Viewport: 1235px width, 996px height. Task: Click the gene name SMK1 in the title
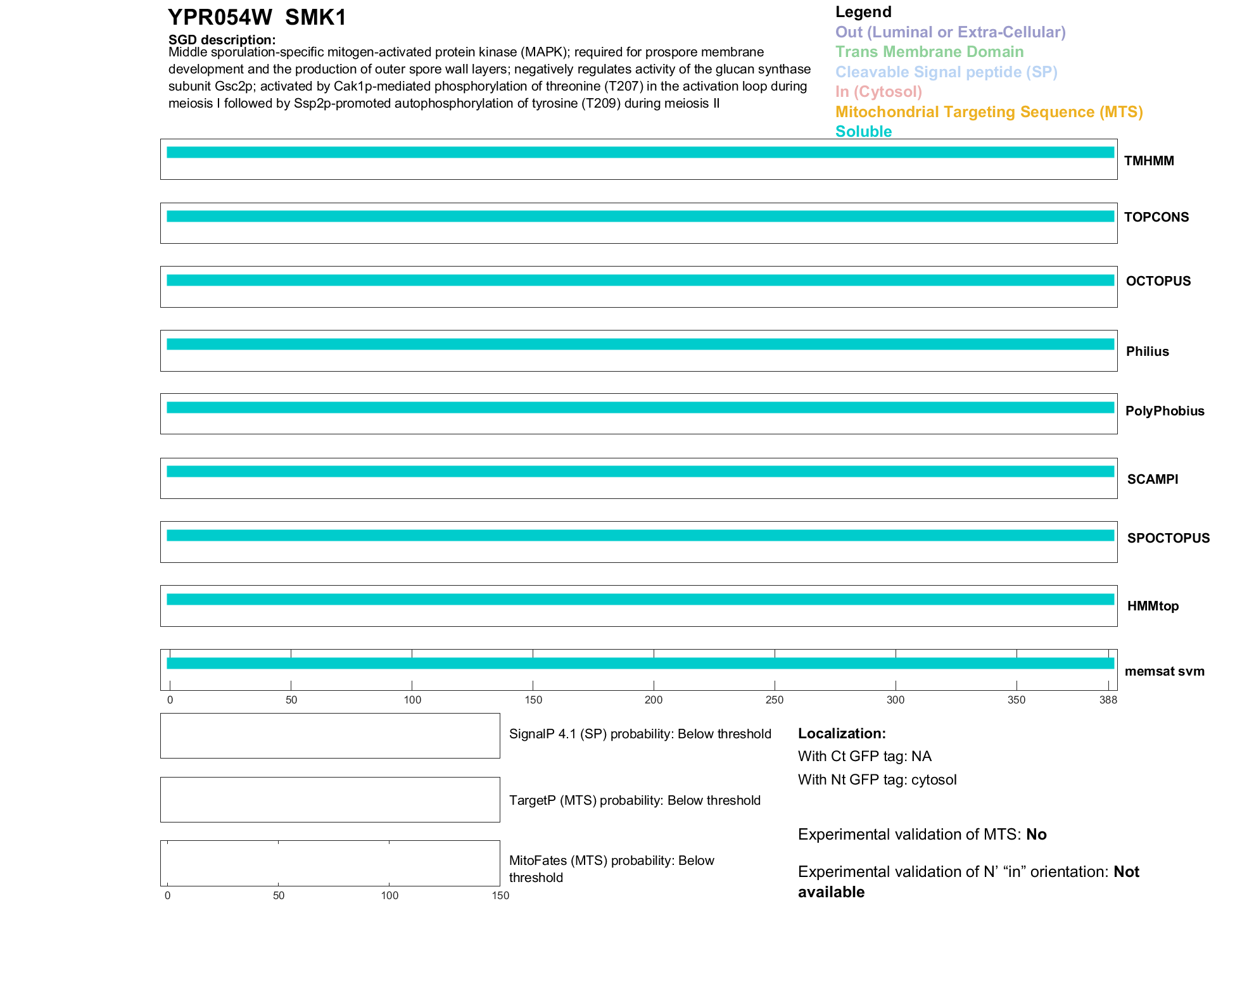[x=315, y=18]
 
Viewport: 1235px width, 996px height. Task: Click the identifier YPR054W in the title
[x=220, y=18]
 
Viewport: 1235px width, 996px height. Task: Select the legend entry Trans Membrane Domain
[x=929, y=52]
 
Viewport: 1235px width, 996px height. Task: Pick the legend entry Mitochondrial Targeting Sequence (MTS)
[x=989, y=112]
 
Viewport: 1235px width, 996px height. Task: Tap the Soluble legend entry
[x=863, y=132]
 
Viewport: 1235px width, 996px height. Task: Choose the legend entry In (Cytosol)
[x=878, y=92]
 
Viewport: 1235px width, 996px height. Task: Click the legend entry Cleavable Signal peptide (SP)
[x=946, y=72]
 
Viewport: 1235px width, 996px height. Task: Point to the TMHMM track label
[x=1149, y=161]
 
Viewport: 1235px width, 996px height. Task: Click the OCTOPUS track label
[x=1158, y=281]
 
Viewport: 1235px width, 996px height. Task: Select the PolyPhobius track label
[x=1164, y=411]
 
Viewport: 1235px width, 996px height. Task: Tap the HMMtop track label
[x=1153, y=606]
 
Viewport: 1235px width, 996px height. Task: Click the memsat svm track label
[x=1164, y=671]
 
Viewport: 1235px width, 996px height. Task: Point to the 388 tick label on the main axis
[x=1108, y=700]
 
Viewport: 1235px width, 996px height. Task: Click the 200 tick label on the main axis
[x=654, y=700]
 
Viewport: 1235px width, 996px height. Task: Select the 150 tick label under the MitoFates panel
[x=500, y=895]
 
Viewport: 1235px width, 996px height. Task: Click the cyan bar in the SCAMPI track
[x=640, y=472]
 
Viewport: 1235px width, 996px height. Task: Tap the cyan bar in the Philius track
[x=640, y=344]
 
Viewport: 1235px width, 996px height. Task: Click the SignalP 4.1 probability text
[x=640, y=734]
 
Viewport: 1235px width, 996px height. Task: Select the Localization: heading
[x=842, y=734]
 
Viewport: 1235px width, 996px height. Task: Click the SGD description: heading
[x=222, y=40]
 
